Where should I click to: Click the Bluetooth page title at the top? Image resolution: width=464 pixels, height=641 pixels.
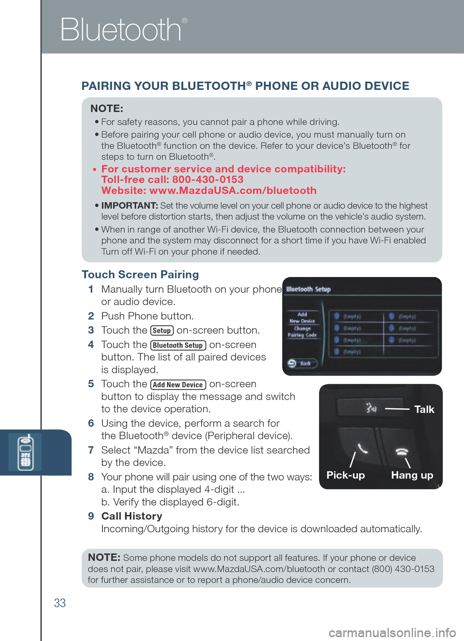pos(121,30)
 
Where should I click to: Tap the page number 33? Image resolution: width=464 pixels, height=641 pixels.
pos(60,603)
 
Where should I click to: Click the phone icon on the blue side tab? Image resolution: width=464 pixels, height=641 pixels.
pos(25,452)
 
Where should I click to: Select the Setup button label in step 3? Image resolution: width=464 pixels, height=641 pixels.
pos(162,331)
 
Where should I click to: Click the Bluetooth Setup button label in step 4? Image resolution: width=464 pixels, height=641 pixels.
pos(178,345)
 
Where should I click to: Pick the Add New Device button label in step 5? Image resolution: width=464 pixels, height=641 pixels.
pos(178,385)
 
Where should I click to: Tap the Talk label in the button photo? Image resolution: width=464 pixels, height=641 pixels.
pos(424,409)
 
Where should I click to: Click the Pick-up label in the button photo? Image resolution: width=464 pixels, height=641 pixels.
pos(346,475)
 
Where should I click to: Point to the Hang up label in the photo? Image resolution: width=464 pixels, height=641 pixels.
pos(412,475)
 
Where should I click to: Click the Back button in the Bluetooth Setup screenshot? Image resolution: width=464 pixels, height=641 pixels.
pos(302,364)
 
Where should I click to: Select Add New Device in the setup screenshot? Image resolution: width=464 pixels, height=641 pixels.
pos(302,318)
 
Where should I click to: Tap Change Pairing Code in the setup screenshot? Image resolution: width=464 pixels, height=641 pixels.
pos(302,332)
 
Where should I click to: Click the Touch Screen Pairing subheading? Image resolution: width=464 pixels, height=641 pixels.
pos(140,275)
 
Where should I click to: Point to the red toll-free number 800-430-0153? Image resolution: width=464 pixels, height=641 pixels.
pos(207,180)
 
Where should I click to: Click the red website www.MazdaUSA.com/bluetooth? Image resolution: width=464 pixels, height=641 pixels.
pos(232,190)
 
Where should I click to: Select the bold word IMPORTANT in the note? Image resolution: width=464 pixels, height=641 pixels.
pos(130,206)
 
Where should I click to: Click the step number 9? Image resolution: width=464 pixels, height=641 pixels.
pos(91,516)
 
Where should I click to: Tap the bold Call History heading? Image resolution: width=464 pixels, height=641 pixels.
pos(131,516)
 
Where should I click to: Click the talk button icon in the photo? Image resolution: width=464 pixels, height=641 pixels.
pos(371,408)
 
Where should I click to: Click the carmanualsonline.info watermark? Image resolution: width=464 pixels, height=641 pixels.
pos(392,632)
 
